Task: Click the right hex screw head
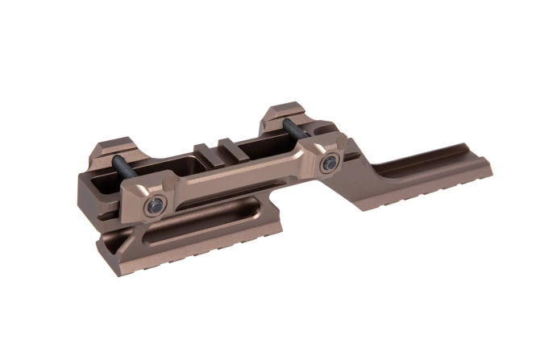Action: [x=328, y=164]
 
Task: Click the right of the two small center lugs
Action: [x=229, y=144]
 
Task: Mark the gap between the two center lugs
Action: [x=217, y=147]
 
